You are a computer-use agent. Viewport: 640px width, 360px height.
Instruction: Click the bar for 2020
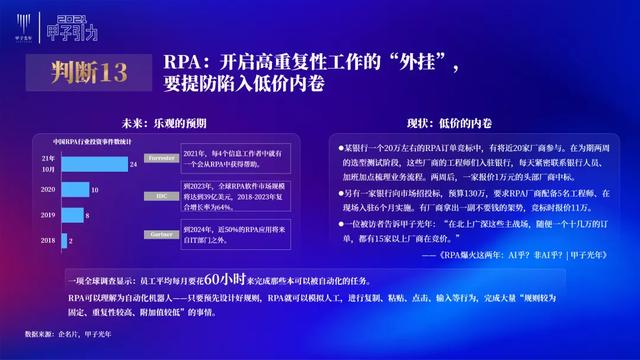74,188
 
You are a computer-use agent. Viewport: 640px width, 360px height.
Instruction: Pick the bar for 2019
71,215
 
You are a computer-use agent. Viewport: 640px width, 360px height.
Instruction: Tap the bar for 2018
63,241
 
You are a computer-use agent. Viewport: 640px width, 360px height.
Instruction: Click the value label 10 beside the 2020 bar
93,188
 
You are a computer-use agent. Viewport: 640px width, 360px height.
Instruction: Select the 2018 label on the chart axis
47,241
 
